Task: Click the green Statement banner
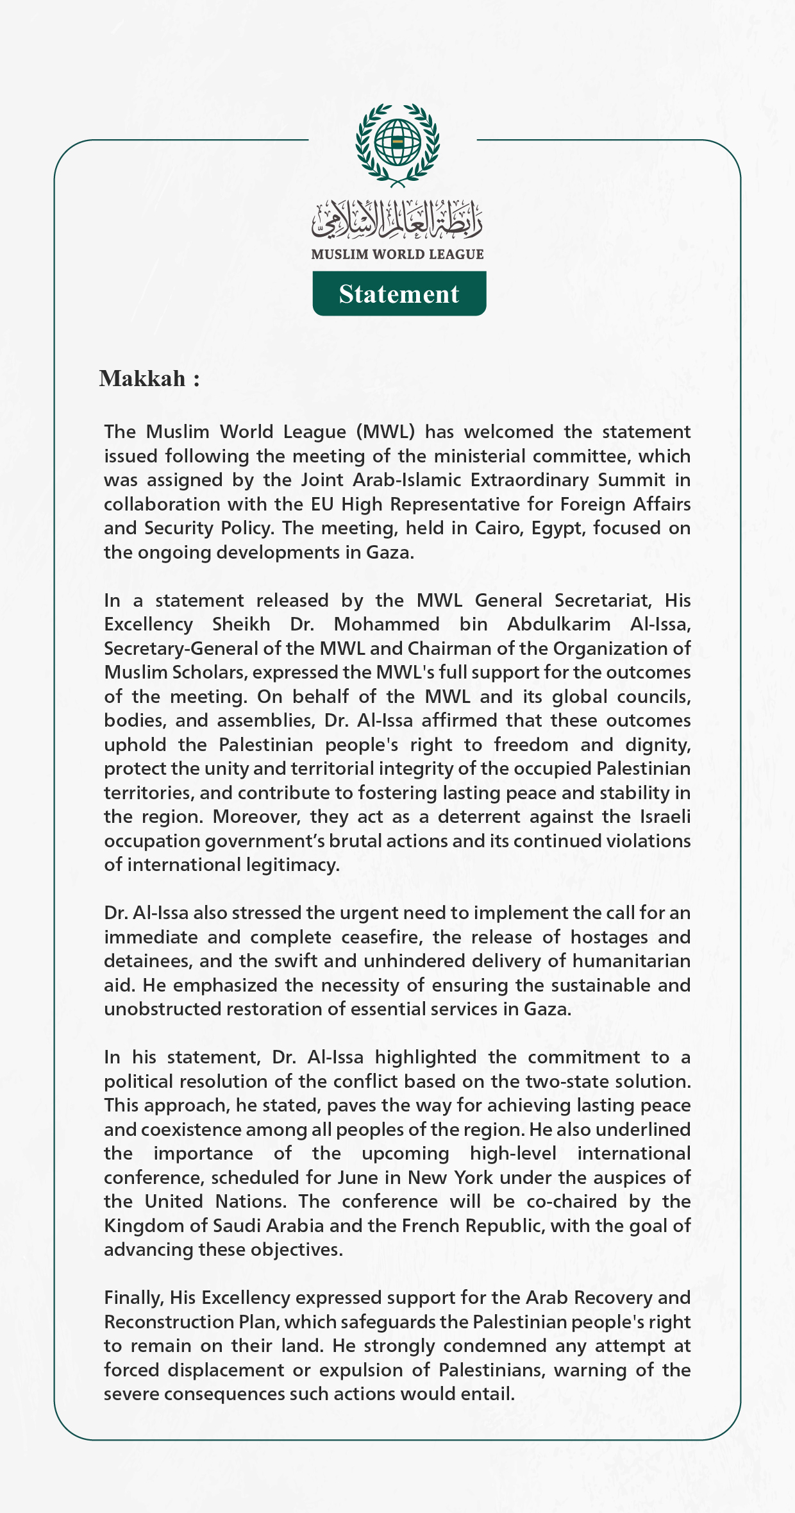point(399,294)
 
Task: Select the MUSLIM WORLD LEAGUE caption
point(397,255)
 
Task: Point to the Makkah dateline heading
point(149,378)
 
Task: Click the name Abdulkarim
point(558,624)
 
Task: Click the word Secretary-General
point(181,648)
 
